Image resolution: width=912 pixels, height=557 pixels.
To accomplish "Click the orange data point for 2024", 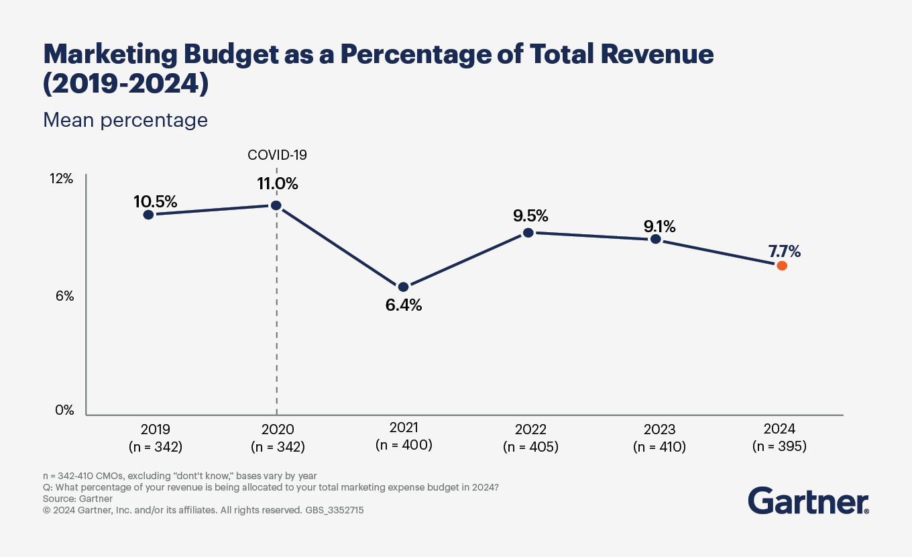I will tap(781, 266).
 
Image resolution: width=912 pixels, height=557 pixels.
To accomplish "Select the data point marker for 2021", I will tap(403, 287).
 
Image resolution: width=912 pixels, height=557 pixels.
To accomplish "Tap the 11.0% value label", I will tap(278, 183).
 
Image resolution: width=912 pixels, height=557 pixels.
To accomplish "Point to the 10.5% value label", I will tap(155, 201).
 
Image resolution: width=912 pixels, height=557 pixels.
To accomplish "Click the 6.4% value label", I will tap(404, 305).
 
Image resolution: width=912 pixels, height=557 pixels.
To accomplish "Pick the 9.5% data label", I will tap(530, 215).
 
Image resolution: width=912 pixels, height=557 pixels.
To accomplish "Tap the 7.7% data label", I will tap(785, 252).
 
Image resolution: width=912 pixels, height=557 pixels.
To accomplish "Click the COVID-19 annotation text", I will tap(277, 155).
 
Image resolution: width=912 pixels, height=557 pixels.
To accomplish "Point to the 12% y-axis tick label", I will tap(61, 179).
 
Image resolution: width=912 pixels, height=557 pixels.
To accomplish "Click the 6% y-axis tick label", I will tap(64, 295).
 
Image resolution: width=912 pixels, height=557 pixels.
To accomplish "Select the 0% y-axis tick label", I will tap(64, 410).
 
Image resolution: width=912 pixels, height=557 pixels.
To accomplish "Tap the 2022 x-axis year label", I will tap(530, 429).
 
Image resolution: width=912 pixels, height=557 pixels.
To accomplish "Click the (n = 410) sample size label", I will tap(659, 447).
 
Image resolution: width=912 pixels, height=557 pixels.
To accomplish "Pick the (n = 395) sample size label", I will tap(779, 446).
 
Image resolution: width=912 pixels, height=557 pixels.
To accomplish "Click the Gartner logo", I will tap(808, 501).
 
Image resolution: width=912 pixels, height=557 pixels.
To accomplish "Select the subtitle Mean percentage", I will tap(125, 120).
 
